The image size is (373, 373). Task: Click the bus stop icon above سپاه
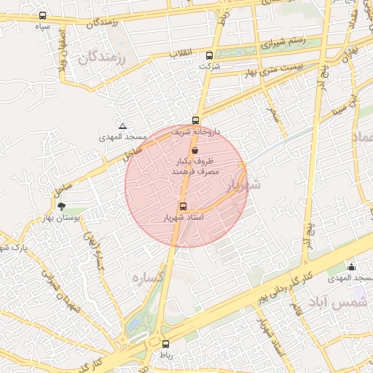click(x=42, y=15)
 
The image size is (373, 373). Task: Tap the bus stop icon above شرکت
click(x=210, y=55)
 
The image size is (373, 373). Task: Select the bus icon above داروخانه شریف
click(x=195, y=120)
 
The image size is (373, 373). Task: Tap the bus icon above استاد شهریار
click(x=182, y=205)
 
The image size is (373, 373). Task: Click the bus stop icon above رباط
click(x=165, y=344)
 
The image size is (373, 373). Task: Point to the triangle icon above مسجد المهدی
click(x=122, y=126)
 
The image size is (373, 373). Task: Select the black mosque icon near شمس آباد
click(x=352, y=267)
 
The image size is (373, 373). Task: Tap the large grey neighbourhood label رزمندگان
click(x=101, y=56)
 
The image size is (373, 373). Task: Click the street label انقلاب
click(x=179, y=54)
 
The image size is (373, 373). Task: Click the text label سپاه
click(x=42, y=26)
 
